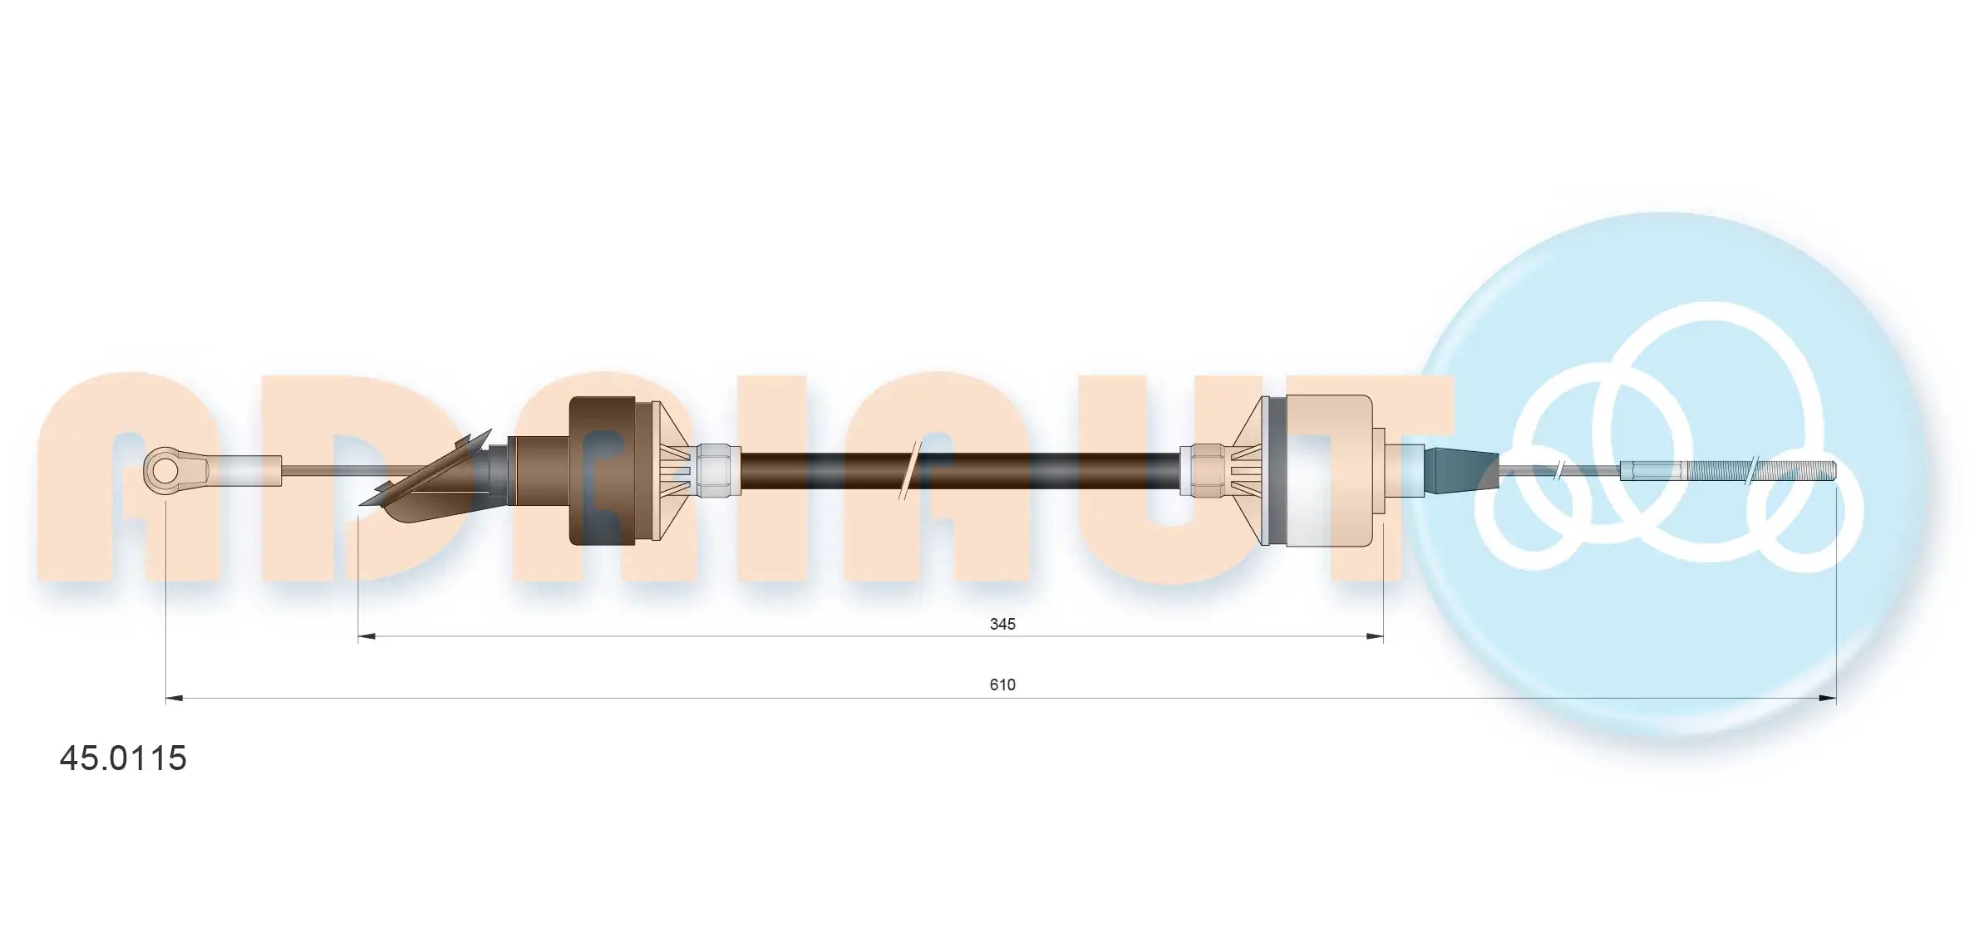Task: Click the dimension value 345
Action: (x=1002, y=624)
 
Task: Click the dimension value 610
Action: (x=1002, y=684)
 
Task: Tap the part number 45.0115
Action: (x=123, y=758)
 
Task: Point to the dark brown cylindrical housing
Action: (x=602, y=471)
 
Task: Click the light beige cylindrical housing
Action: (x=1328, y=471)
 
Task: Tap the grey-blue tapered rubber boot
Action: (x=1461, y=470)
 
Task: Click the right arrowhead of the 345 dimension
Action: (x=1375, y=637)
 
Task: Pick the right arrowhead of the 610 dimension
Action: (x=1828, y=699)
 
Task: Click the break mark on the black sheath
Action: (x=910, y=471)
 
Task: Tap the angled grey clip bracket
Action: (x=424, y=482)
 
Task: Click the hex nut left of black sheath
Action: (x=718, y=471)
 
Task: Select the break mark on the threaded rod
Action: (x=1752, y=471)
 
